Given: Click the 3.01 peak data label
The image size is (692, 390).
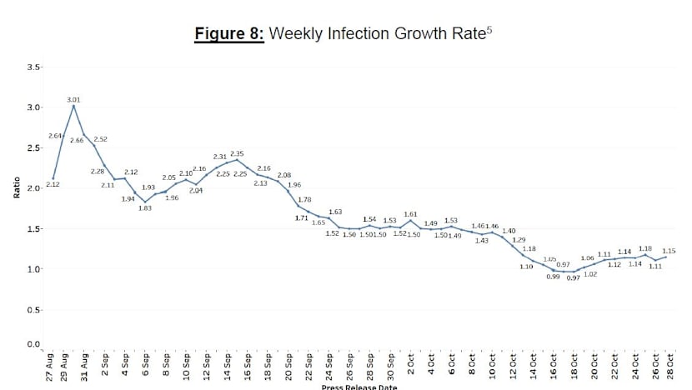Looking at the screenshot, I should pos(73,100).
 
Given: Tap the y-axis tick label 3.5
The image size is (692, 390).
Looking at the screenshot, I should pos(33,67).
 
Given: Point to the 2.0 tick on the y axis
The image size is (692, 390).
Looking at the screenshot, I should pos(33,188).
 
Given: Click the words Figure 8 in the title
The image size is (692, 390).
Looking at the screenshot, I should pos(228,34).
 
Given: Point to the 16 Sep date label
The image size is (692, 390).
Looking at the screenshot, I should pos(248,366).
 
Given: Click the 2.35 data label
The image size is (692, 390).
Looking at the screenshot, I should pos(237,153).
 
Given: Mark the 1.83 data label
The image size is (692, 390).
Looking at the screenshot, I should pos(145,208).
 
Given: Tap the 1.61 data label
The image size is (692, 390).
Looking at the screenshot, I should pos(410,214).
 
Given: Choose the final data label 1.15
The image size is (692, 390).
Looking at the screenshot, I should pos(668,251).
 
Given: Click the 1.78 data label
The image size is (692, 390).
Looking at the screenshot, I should pos(304,199).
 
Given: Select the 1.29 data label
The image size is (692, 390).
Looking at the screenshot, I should pos(519,240).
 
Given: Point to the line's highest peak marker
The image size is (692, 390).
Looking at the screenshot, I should pos(73,107).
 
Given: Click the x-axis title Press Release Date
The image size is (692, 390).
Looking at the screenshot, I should pos(359,387).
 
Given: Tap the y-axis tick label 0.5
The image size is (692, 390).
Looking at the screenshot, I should pos(33,310).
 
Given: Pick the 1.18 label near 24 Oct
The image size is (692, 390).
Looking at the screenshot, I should pos(644,248).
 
